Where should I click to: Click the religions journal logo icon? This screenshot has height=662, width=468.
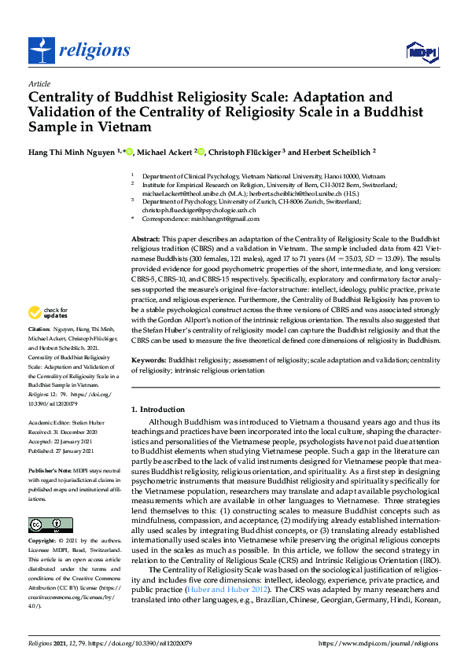[40, 51]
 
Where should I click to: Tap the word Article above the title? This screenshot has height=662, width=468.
[39, 83]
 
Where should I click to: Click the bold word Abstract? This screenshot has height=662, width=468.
[146, 237]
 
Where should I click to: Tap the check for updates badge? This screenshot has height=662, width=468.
[46, 334]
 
